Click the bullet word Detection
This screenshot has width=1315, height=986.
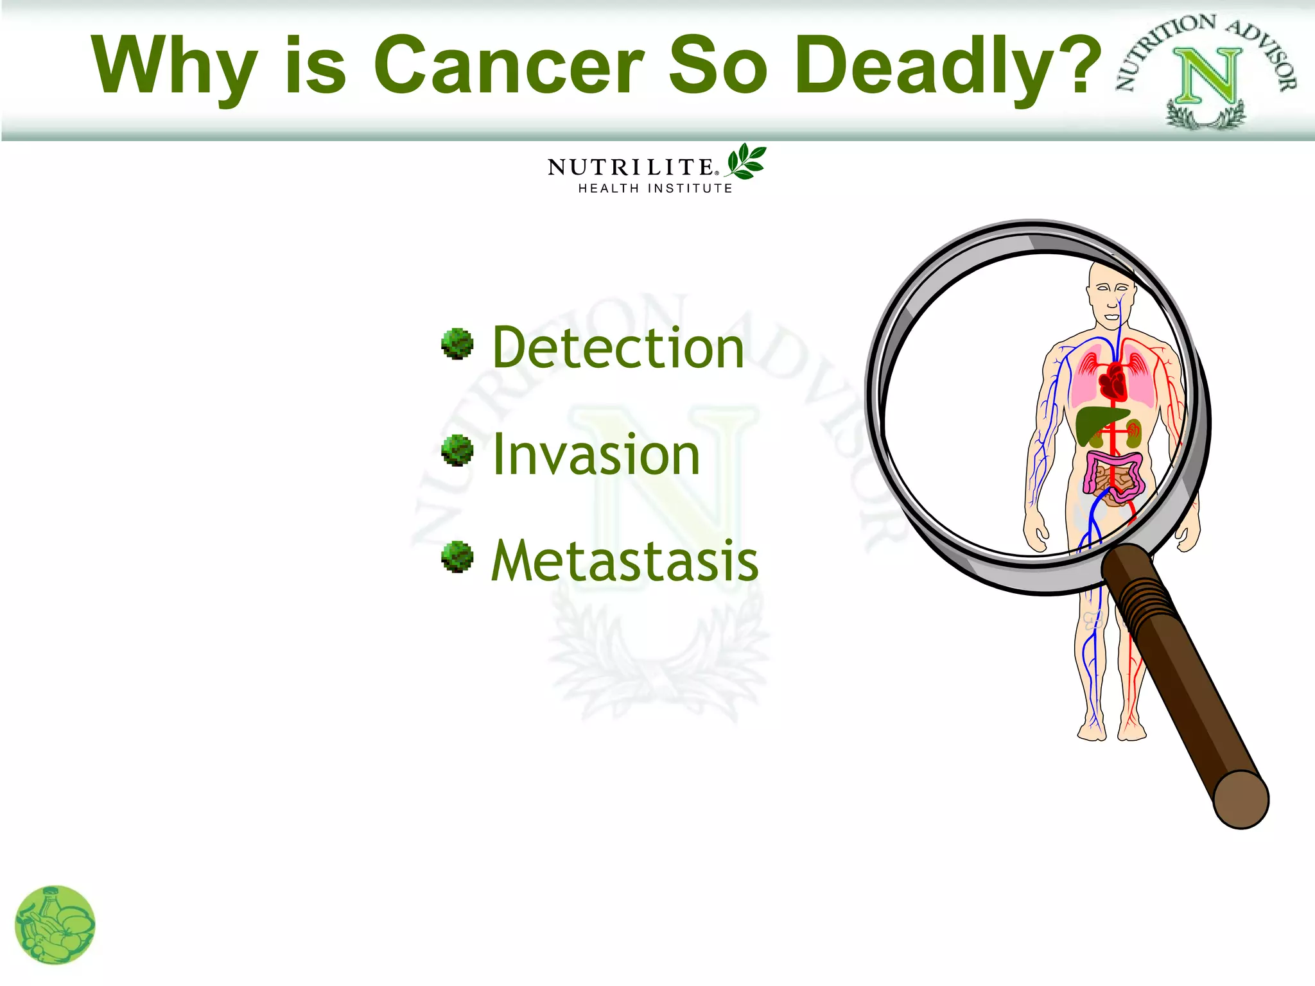tap(618, 348)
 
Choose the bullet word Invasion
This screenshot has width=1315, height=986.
tap(596, 454)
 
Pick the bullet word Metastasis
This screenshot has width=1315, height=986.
tap(625, 561)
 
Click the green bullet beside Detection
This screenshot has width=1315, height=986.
tap(457, 344)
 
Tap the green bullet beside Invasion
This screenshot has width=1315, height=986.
tap(457, 450)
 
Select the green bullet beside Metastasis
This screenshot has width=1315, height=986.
tap(457, 557)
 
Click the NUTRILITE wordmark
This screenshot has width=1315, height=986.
tap(631, 168)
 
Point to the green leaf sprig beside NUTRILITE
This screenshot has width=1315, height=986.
tap(746, 161)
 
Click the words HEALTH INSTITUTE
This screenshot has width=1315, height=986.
tap(655, 189)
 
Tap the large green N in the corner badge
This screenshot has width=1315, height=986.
tap(1208, 76)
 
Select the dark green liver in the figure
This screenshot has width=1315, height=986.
tap(1097, 424)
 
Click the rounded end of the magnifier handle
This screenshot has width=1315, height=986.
tap(1242, 800)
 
